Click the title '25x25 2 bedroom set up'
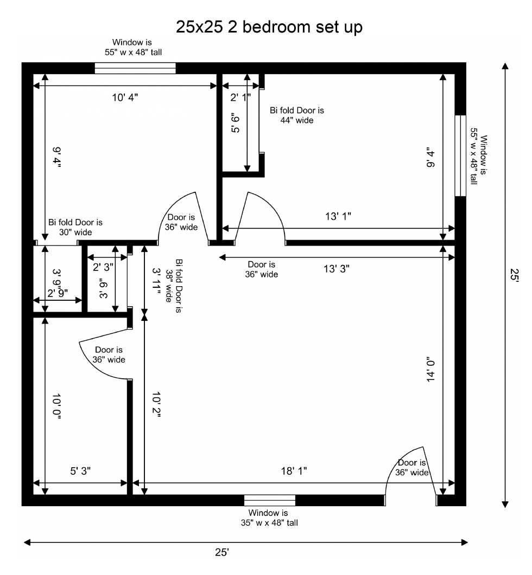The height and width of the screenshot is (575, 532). pyautogui.click(x=269, y=27)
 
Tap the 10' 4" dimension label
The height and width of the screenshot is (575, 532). pyautogui.click(x=125, y=98)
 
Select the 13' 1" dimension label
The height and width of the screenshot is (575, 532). pyautogui.click(x=338, y=216)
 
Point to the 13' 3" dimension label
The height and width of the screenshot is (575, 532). pyautogui.click(x=336, y=269)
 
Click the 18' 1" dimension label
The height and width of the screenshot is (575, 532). pyautogui.click(x=294, y=471)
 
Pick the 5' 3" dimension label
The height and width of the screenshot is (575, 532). pyautogui.click(x=80, y=471)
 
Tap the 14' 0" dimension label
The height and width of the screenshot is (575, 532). pyautogui.click(x=431, y=369)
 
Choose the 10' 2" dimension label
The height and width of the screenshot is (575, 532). pyautogui.click(x=156, y=404)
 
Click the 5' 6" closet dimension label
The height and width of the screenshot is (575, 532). pyautogui.click(x=236, y=124)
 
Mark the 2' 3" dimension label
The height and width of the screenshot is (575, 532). pyautogui.click(x=103, y=267)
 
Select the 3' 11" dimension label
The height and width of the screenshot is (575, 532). pyautogui.click(x=157, y=281)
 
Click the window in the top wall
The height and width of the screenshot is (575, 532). pyautogui.click(x=135, y=68)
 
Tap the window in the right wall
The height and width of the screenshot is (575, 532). pyautogui.click(x=460, y=156)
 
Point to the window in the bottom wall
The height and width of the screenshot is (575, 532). pyautogui.click(x=270, y=500)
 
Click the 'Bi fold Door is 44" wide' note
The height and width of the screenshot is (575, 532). pyautogui.click(x=297, y=115)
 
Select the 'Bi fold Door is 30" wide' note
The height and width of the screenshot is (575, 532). pyautogui.click(x=75, y=227)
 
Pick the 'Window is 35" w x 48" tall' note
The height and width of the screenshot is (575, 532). pyautogui.click(x=269, y=518)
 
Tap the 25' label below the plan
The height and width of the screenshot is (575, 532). pyautogui.click(x=222, y=552)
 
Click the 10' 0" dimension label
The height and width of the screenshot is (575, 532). pyautogui.click(x=56, y=406)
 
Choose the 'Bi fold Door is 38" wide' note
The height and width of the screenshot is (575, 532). pyautogui.click(x=174, y=286)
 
